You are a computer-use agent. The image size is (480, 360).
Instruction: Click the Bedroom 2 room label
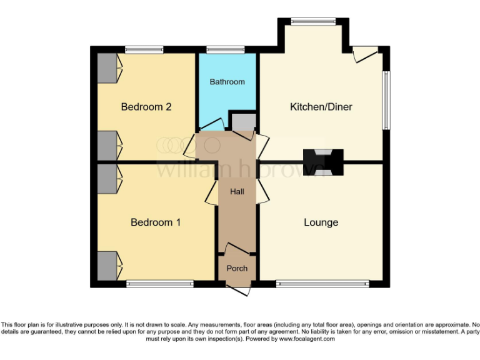146,107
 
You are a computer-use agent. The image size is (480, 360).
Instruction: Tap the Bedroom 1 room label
156,222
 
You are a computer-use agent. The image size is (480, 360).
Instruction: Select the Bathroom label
227,82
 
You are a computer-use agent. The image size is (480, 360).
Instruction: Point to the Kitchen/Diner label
321,107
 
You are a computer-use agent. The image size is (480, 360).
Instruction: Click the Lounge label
321,222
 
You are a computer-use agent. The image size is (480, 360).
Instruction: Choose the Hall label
236,191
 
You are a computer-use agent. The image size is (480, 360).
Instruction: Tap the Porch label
237,268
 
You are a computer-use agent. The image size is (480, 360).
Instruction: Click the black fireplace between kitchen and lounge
323,161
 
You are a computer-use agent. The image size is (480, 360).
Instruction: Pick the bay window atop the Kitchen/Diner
312,22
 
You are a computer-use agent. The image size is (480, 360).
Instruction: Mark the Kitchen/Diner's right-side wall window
387,100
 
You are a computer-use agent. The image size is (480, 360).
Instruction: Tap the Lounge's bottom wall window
322,284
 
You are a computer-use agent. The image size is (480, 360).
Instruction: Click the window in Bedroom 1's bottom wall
160,284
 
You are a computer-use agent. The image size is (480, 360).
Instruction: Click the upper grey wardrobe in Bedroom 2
107,67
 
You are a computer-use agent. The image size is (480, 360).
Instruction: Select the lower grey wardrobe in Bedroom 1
107,265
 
